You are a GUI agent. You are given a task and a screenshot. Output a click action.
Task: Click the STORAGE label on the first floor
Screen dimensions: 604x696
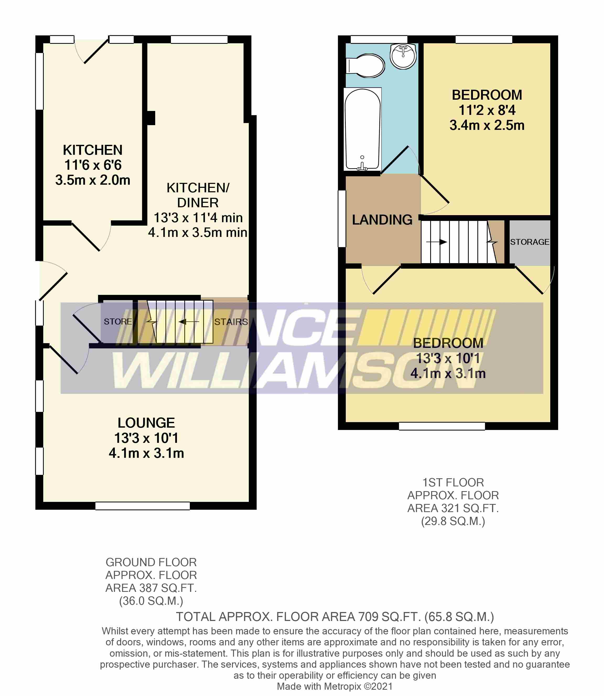point(530,242)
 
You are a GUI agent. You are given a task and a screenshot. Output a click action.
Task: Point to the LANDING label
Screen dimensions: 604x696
point(382,220)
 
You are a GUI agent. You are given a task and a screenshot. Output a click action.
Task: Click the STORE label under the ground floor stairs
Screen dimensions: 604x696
point(118,321)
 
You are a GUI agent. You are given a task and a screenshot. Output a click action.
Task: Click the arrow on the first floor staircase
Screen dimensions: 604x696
point(436,242)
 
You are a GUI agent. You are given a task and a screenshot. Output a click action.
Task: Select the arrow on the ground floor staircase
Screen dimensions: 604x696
point(189,322)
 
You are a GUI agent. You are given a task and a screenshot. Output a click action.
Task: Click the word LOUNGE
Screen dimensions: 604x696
point(146,423)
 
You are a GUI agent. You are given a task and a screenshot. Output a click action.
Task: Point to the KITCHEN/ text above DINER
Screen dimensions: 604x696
point(198,188)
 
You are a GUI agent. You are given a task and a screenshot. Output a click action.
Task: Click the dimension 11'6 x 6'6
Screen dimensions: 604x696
point(93,165)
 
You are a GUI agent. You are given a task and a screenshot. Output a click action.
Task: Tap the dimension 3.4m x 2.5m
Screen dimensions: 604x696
point(487,125)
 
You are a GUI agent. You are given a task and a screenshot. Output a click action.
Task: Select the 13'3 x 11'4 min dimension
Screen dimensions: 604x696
point(198,217)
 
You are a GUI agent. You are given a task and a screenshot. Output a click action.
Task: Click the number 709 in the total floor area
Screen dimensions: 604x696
point(368,617)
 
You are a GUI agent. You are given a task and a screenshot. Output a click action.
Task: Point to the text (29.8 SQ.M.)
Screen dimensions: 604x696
point(453,521)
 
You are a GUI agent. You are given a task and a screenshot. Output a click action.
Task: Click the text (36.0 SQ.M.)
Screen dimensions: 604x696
point(151,601)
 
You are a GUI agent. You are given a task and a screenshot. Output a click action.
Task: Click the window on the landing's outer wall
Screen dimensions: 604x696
point(342,219)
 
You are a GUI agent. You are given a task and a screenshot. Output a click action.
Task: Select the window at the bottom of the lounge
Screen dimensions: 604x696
point(143,506)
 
